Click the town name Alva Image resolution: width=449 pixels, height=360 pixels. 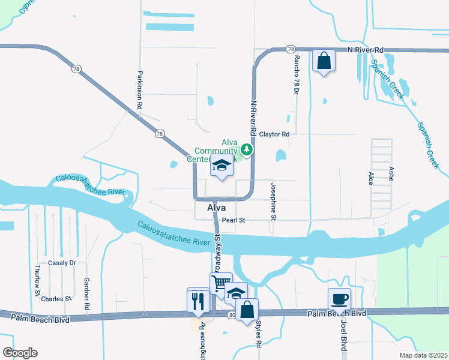pyautogui.click(x=216, y=208)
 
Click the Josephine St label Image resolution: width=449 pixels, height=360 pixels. pyautogui.click(x=273, y=202)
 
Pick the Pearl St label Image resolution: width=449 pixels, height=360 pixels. pyautogui.click(x=234, y=220)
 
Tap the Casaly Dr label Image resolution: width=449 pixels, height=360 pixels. pyautogui.click(x=62, y=263)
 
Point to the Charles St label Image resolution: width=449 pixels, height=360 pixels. pyautogui.click(x=56, y=298)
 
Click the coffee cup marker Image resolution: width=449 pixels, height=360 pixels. pyautogui.click(x=339, y=298)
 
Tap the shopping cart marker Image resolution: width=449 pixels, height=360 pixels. pyautogui.click(x=221, y=283)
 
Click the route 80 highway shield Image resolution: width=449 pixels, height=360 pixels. pyautogui.click(x=232, y=314)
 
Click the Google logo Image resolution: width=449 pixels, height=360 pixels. pyautogui.click(x=20, y=353)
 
